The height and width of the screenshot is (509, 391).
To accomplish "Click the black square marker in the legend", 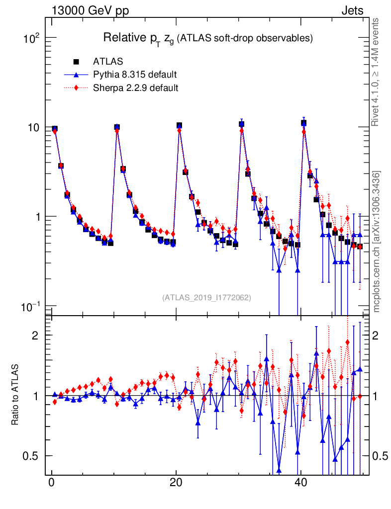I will tap(77, 62).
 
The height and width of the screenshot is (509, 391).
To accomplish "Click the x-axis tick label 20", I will tap(176, 484).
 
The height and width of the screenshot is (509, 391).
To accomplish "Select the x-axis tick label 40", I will tap(300, 484).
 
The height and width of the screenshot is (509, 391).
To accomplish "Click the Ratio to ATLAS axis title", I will tap(15, 396).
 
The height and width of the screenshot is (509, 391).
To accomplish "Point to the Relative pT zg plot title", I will tap(207, 38).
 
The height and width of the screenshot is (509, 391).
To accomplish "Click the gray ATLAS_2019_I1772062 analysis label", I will tap(206, 298).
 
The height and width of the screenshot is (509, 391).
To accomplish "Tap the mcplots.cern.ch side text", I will tap(377, 242).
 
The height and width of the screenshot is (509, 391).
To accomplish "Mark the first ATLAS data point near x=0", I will tap(55, 129).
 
